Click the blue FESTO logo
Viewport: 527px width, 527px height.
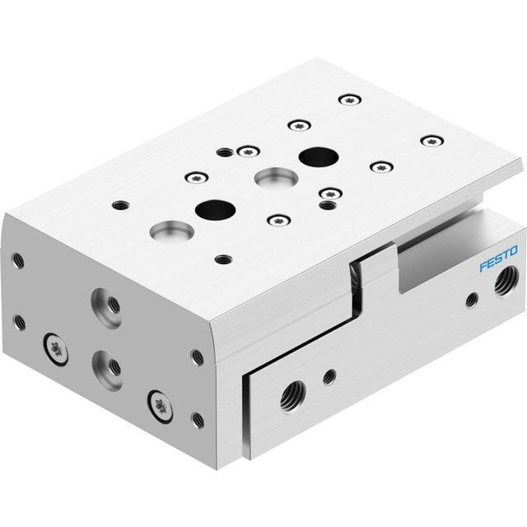click(498, 259)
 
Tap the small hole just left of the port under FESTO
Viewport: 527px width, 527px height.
click(472, 300)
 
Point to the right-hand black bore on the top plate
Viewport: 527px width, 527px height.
click(319, 157)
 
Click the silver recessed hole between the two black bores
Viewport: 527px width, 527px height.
click(276, 178)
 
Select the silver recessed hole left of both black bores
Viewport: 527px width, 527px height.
click(172, 231)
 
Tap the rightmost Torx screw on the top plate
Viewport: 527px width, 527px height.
click(431, 141)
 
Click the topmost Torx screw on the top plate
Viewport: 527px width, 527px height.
click(350, 100)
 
